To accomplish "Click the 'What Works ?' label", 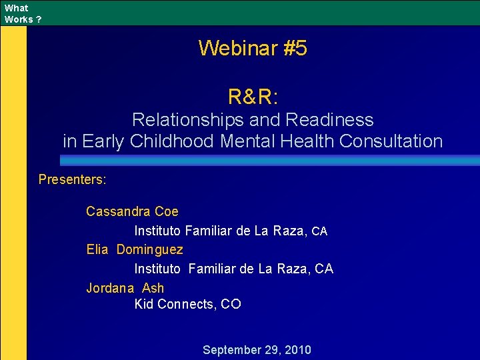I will coord(22,13).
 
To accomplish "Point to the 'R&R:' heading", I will coord(253,97).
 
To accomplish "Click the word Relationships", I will coord(189,120).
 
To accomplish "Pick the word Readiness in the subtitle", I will coord(329,120).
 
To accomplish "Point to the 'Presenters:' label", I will coord(73,179).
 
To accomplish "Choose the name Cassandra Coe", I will coord(132,211).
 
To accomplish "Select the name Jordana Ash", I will coord(125,288).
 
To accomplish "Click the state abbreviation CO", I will coord(231,304).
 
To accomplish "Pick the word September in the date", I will coord(233,350).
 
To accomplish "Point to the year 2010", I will coord(297,350).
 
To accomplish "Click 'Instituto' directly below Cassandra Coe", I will coord(157,231).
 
